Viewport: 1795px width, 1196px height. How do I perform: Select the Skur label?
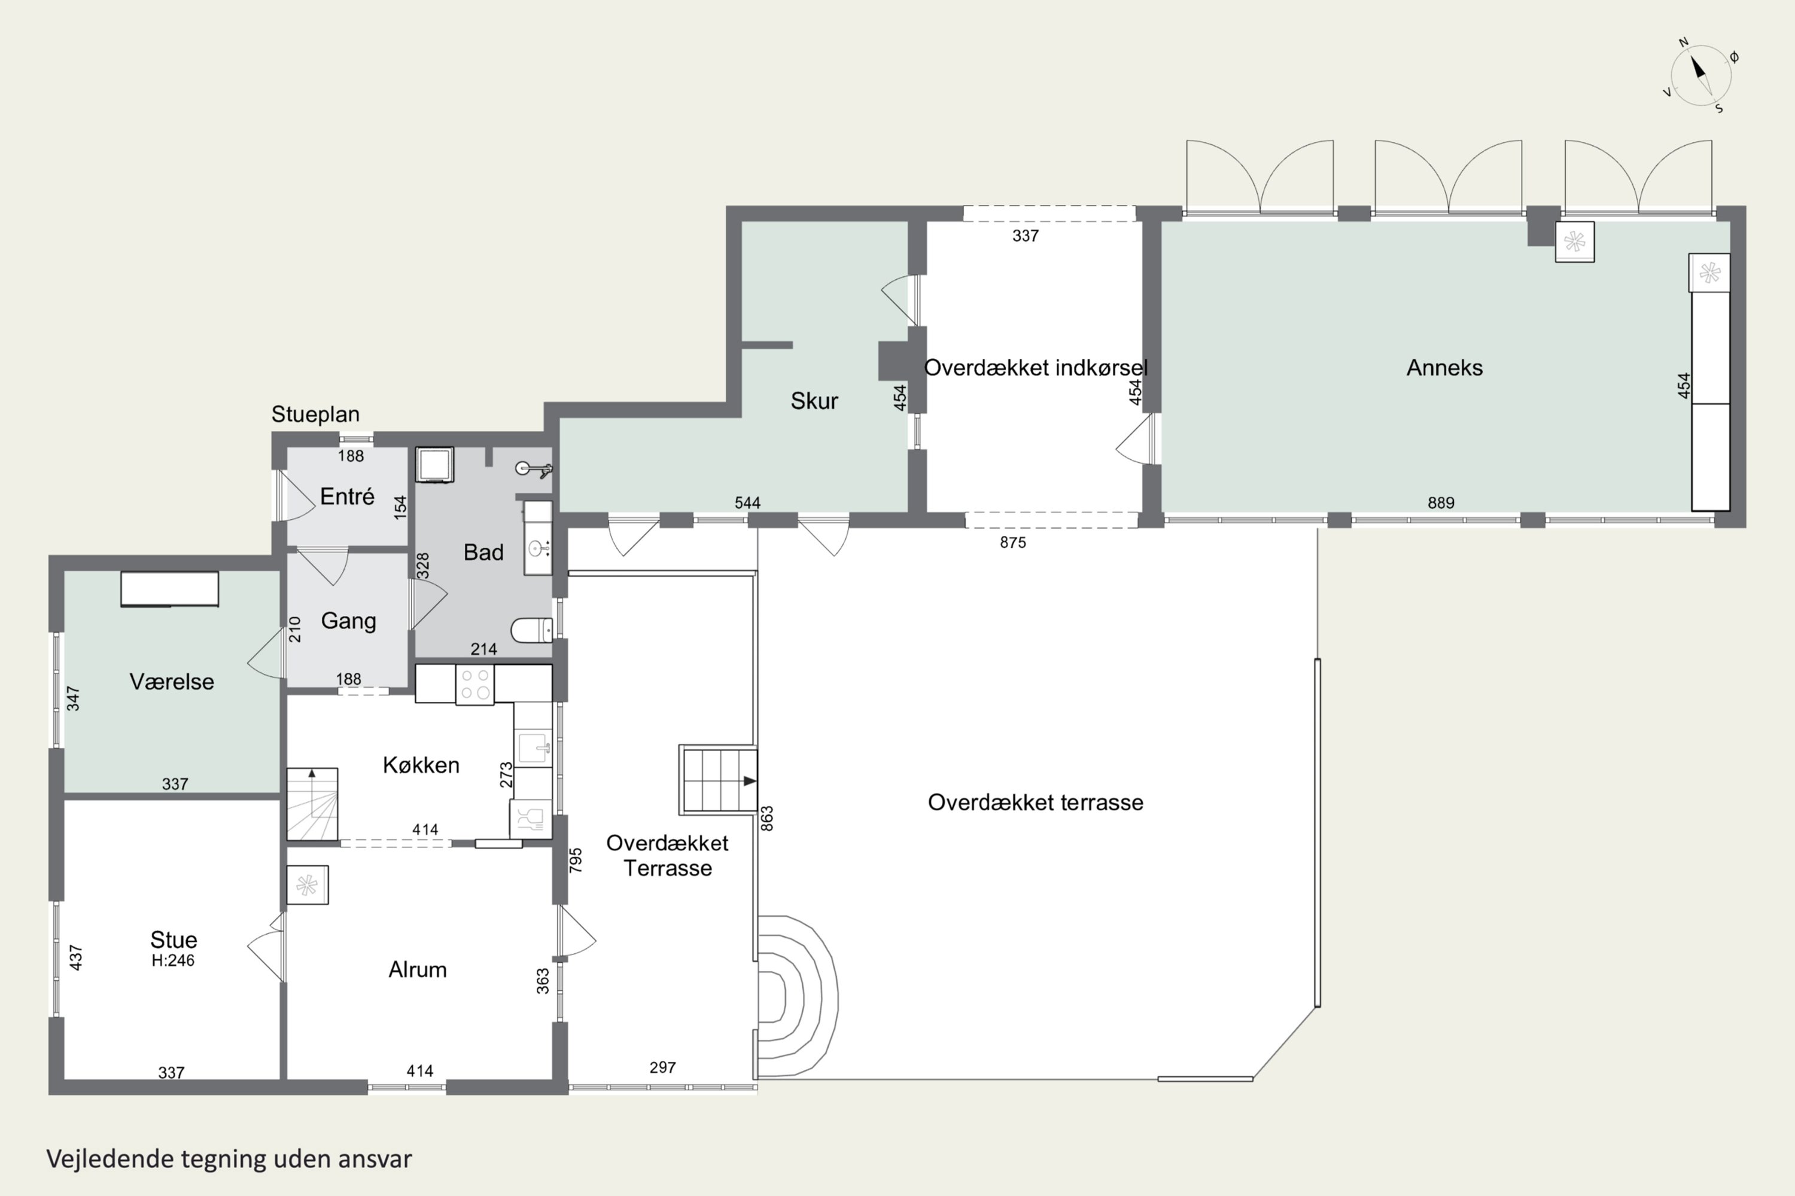[814, 401]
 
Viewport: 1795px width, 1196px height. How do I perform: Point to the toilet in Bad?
[532, 630]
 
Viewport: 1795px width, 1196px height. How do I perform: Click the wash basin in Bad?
[538, 548]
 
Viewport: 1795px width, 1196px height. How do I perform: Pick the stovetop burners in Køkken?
[474, 684]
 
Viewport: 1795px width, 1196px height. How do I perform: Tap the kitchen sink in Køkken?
[533, 747]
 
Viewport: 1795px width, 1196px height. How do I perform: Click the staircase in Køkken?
[312, 805]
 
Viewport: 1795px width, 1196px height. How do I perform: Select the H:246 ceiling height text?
[174, 960]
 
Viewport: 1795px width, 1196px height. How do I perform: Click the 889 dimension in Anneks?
[1441, 503]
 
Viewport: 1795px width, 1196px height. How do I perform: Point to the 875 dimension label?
[1013, 542]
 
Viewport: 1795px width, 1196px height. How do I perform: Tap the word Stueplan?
[315, 414]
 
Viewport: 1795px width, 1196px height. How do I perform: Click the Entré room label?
[347, 496]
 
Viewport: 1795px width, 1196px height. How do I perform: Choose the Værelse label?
[172, 681]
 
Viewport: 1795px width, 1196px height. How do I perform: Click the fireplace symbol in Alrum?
[308, 885]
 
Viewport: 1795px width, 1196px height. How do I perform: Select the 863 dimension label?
[767, 819]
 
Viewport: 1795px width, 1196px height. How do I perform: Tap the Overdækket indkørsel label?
[1036, 368]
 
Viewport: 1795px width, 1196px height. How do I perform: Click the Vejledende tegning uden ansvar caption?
[229, 1159]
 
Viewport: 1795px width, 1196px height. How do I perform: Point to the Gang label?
[349, 621]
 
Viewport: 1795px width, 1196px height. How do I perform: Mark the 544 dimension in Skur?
[747, 503]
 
